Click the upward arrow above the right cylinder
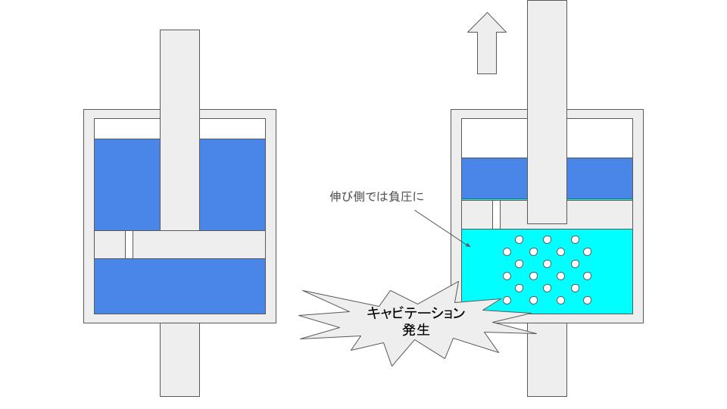coord(487,43)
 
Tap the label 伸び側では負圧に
coord(376,197)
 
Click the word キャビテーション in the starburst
coord(416,313)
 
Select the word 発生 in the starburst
coord(416,330)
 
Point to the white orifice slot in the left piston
coord(129,245)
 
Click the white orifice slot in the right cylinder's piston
coord(496,214)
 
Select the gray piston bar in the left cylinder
coord(180,245)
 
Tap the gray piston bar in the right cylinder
coord(547,214)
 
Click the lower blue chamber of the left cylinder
coord(180,286)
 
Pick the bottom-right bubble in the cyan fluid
coord(588,300)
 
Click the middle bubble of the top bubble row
coord(547,240)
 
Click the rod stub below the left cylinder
coord(180,360)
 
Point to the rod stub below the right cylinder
coord(547,360)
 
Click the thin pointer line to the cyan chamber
coord(443,228)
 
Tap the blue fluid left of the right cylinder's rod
coord(495,179)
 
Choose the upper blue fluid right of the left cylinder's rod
coord(232,185)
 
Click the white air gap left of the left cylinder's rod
coord(127,129)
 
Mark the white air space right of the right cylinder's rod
coord(600,138)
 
